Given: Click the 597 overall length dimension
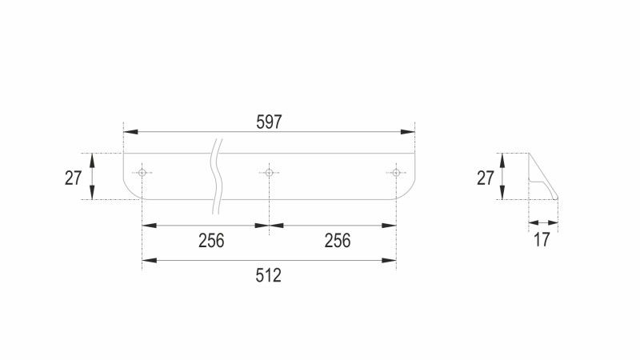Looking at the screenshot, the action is coord(269,122).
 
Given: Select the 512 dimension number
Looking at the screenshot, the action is coord(269,275).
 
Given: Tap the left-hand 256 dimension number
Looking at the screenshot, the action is coord(211,241).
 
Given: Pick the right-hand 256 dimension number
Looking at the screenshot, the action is coord(338,241).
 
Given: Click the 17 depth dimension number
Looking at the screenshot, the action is coord(542,240).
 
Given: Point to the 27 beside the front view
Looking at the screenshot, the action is coord(74,178).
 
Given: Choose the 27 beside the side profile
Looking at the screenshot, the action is coord(486,178).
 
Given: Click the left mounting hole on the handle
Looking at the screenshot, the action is coord(142,173).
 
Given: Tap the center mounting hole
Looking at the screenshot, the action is coord(269,173).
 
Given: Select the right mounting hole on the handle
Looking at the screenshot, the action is coord(396,173).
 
